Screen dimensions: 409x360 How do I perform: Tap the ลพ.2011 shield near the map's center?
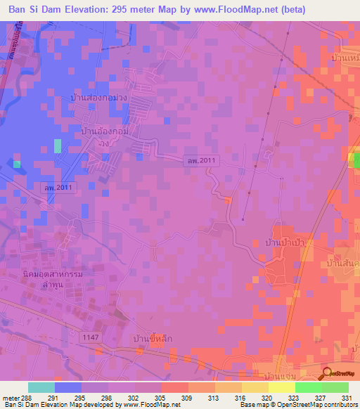(202, 161)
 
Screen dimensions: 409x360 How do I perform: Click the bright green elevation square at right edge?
(356, 161)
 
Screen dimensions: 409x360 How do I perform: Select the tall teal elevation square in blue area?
(57, 145)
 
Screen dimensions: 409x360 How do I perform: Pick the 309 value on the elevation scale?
(188, 398)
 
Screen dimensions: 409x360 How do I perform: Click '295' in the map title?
(136, 9)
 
